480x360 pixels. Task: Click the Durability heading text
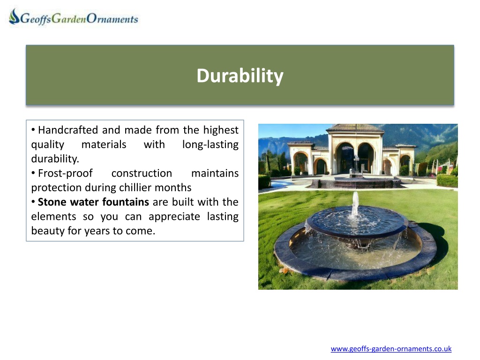240,75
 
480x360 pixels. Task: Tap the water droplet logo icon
14,16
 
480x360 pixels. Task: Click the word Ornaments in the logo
112,19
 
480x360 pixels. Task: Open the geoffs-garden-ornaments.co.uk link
391,349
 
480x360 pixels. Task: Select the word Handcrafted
68,130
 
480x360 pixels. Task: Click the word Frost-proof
65,173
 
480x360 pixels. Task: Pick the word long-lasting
210,145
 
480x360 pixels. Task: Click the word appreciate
174,217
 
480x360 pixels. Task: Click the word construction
142,173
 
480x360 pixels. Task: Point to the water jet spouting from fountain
355,204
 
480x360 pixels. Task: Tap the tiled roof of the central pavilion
355,128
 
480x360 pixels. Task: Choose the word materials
104,144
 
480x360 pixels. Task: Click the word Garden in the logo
69,19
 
